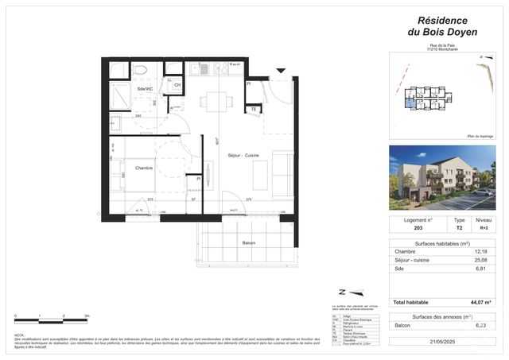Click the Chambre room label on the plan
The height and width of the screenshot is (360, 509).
[x=143, y=168]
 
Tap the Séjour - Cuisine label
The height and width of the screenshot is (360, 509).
[x=244, y=154]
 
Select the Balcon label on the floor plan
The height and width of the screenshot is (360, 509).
[x=247, y=242]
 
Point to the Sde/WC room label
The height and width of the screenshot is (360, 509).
[x=145, y=90]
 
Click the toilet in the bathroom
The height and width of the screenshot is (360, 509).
[x=141, y=72]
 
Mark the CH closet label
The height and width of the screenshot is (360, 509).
[x=177, y=85]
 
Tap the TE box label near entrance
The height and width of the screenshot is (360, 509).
[x=254, y=109]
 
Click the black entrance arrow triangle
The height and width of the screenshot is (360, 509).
[x=280, y=72]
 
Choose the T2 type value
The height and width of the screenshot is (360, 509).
[x=459, y=227]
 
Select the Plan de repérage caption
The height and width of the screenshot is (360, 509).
[x=480, y=135]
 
